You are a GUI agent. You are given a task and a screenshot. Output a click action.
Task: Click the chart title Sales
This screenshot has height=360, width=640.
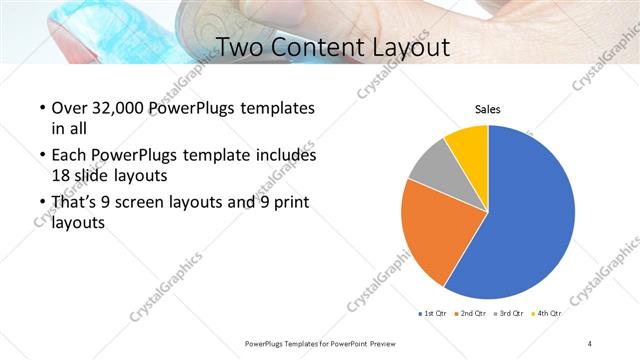[x=487, y=110]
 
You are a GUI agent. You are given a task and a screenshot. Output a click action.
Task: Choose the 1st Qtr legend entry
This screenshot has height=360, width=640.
[x=432, y=314]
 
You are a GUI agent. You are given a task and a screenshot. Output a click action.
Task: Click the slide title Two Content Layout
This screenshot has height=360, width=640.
[x=333, y=47]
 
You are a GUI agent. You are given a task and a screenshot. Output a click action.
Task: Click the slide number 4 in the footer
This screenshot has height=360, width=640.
[x=590, y=343]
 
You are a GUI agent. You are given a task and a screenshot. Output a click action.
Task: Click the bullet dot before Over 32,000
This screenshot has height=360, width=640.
[x=40, y=108]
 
